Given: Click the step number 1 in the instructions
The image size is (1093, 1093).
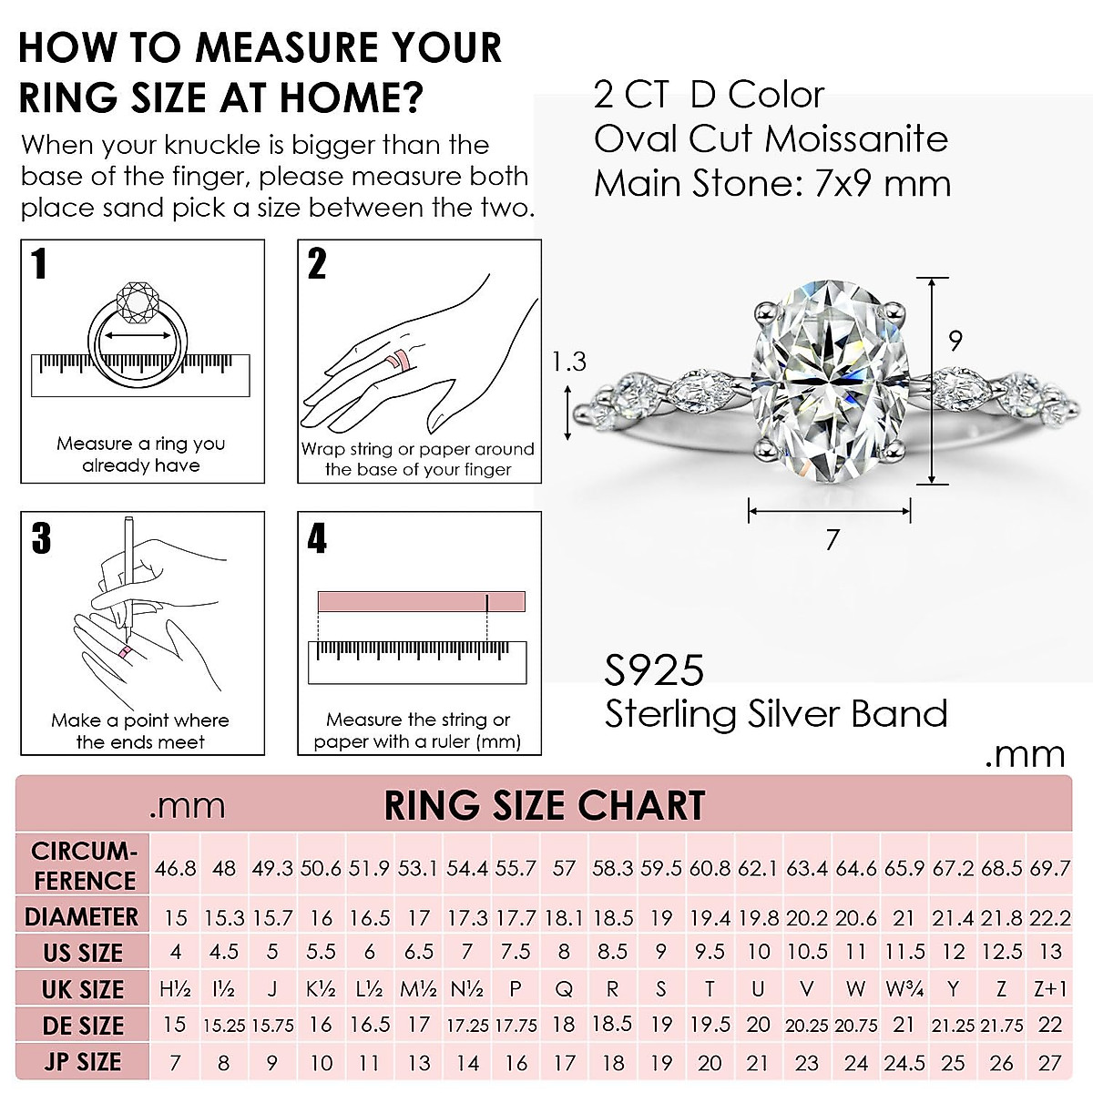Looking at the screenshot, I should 39,264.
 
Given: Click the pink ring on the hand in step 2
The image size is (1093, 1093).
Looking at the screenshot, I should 398,360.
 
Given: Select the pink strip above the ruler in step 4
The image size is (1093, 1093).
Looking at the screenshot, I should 421,602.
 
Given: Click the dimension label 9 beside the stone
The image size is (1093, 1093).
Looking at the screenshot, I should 955,341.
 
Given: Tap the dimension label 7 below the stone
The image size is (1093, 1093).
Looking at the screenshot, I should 832,540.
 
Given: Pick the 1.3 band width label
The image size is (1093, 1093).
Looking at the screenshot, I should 569,362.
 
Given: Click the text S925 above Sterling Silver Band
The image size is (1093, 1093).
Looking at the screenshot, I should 654,671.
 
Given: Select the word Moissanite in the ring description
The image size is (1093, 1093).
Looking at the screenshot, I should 856,139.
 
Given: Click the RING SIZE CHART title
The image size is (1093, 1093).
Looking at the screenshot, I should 545,805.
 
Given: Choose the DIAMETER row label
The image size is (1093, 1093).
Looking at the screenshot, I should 82,917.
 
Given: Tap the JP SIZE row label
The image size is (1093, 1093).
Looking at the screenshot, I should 82,1062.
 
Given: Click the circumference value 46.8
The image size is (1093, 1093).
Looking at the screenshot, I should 175,868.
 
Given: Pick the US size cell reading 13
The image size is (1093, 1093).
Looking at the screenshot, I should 1050,952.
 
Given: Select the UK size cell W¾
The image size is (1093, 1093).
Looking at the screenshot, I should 904,989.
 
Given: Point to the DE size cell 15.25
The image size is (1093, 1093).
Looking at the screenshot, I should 224,1026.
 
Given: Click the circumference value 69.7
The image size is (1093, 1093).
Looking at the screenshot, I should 1050,868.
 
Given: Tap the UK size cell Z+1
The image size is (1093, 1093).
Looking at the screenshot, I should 1050,989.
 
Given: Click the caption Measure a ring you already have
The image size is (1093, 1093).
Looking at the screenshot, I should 141,455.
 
